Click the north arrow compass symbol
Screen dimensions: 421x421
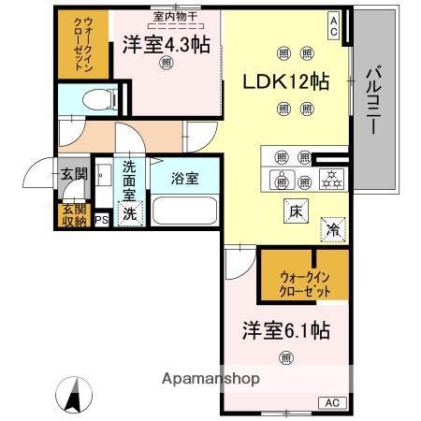[74, 395]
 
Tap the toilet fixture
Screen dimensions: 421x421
[100, 100]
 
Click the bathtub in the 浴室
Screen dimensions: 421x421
[184, 210]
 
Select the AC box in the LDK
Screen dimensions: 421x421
[333, 26]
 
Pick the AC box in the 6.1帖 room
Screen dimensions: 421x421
[332, 402]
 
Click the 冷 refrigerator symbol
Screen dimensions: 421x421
[333, 230]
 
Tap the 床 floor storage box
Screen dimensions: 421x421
[296, 211]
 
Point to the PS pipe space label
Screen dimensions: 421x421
[101, 220]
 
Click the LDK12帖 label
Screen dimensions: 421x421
[286, 81]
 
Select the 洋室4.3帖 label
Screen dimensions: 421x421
[167, 45]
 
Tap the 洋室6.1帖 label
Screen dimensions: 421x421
[286, 330]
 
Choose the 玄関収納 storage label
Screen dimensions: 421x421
[74, 215]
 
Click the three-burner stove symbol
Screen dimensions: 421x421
[331, 180]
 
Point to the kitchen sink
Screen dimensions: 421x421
[282, 180]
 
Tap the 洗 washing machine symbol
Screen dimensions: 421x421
[130, 213]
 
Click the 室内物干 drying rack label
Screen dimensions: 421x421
[175, 17]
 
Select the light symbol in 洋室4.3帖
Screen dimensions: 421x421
[167, 63]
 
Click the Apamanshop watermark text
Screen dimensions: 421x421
[210, 379]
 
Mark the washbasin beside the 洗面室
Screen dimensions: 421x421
[103, 175]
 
